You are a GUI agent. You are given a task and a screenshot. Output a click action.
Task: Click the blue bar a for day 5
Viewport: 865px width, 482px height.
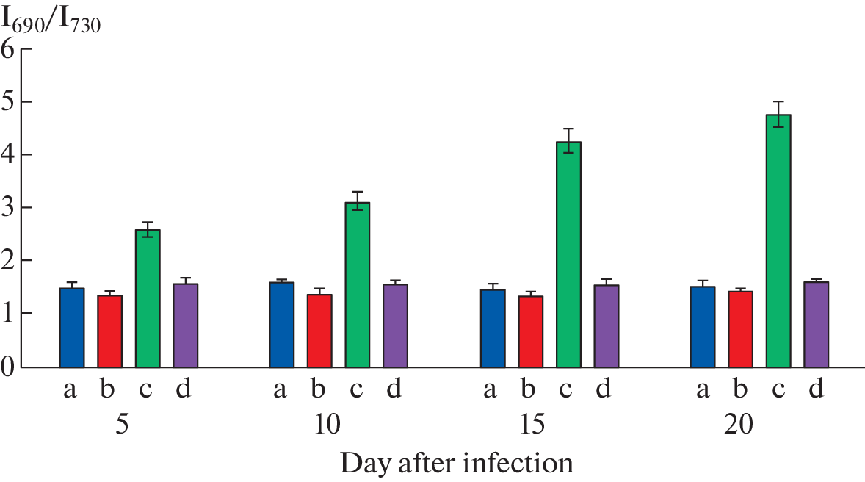pyautogui.click(x=72, y=328)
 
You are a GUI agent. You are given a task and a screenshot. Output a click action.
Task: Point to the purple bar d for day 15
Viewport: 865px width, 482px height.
pyautogui.click(x=606, y=326)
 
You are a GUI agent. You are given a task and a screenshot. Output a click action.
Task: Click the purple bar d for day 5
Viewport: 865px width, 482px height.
pyautogui.click(x=185, y=325)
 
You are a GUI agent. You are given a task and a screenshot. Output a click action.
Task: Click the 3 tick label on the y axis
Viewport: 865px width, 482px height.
pyautogui.click(x=10, y=208)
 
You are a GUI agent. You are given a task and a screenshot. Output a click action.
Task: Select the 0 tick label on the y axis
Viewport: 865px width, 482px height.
pyautogui.click(x=10, y=367)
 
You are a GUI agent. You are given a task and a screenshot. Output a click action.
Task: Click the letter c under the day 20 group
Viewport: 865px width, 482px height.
pyautogui.click(x=778, y=389)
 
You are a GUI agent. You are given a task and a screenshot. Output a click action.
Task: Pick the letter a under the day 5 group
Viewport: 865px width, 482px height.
pyautogui.click(x=70, y=389)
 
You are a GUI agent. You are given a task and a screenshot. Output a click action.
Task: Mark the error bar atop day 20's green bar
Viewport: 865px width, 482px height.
pyautogui.click(x=778, y=114)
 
